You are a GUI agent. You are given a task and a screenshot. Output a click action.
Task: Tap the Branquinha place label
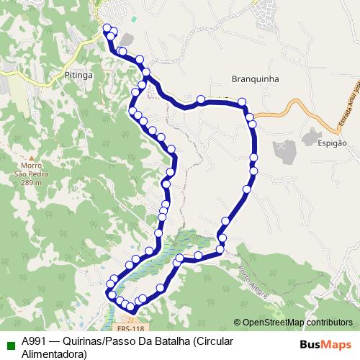coord(255,78)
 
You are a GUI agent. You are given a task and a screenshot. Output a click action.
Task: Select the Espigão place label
coord(331,143)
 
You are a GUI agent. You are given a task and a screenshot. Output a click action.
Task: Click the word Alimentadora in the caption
coord(54,354)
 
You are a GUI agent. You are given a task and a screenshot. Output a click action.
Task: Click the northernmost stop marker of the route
coord(107,28)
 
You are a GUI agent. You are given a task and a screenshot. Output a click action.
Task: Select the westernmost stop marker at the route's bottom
coord(111,294)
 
